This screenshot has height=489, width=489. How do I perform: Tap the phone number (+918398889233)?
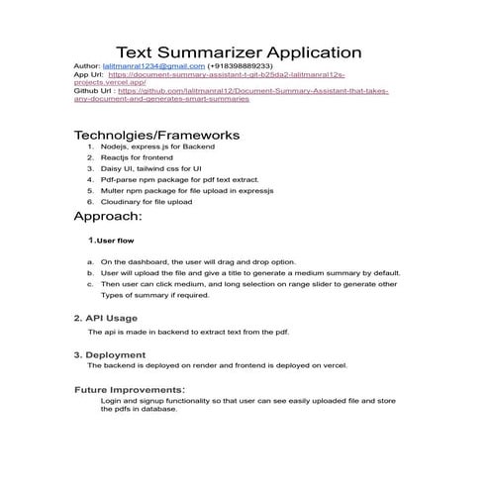coord(240,66)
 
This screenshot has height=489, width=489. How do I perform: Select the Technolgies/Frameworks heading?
coord(156,135)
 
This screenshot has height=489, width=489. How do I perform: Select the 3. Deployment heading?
coord(110,354)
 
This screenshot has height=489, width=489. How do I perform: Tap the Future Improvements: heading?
coord(130,390)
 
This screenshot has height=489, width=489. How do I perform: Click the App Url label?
coord(88,74)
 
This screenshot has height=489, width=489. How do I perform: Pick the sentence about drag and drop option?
coord(197,262)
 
